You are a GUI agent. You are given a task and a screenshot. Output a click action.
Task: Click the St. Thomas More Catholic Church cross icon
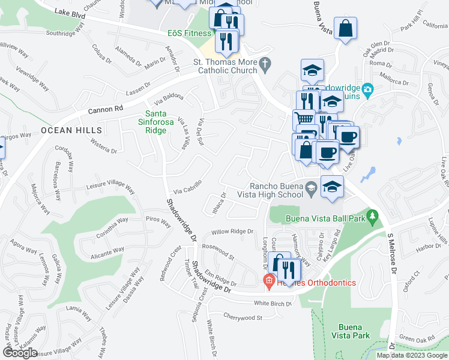tap(264, 62)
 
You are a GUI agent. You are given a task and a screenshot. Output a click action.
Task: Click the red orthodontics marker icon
tap(269, 280)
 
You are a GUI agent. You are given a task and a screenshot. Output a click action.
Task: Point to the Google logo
tap(20, 352)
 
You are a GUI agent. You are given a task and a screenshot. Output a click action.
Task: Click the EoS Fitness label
tap(189, 34)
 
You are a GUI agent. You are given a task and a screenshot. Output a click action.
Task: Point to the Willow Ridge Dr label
tap(232, 232)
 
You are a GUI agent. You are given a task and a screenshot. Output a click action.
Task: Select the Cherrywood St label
tap(243, 317)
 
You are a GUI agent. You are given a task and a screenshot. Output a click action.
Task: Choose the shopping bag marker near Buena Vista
tap(346, 28)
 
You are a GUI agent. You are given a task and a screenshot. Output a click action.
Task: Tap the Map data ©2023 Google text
tap(412, 355)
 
